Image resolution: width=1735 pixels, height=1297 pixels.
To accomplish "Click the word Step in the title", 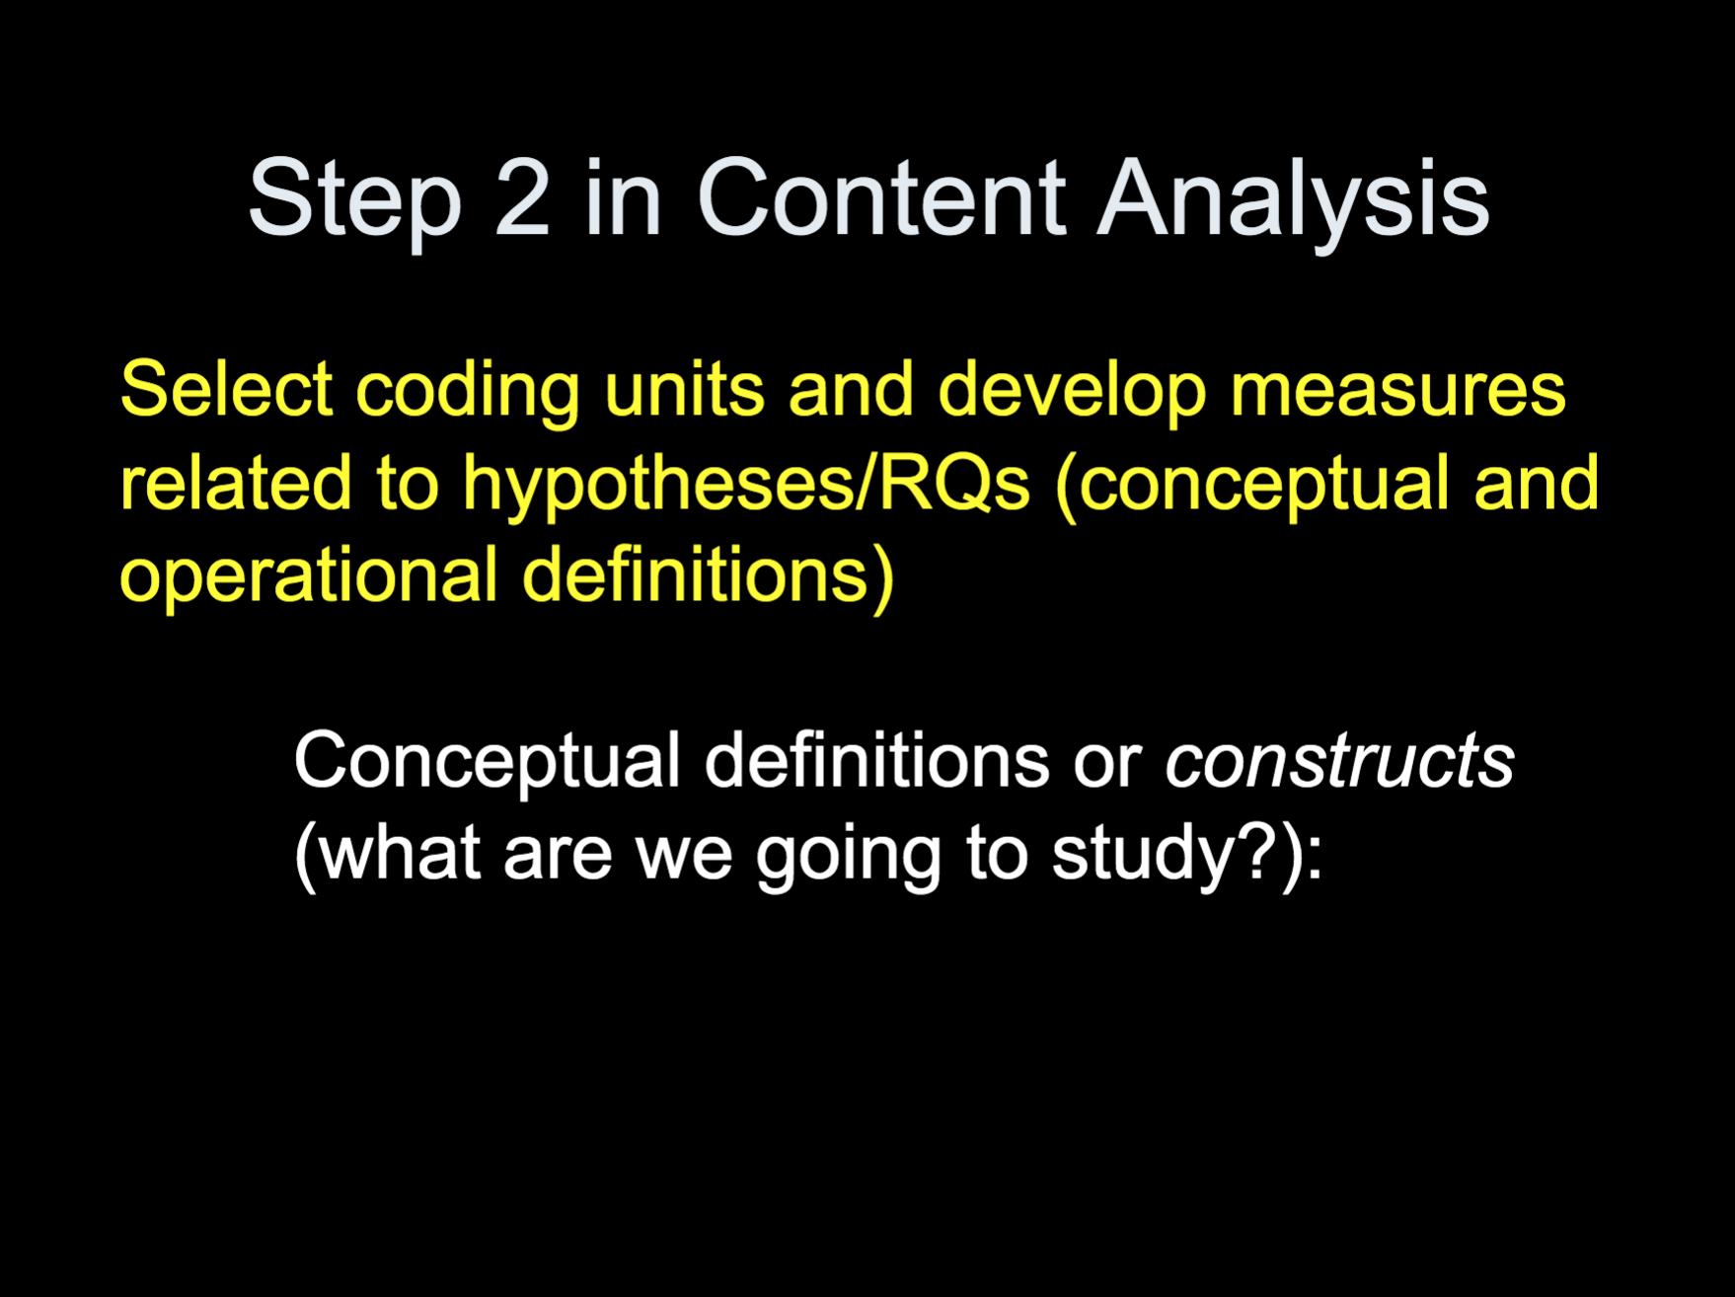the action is pos(355,201).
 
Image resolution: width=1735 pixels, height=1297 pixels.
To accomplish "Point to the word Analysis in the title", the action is pos(1293,203).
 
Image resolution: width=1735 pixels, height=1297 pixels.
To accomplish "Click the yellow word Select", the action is pos(226,389).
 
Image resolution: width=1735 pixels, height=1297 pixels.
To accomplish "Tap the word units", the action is pos(684,390).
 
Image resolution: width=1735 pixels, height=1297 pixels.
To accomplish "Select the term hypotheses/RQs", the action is pos(747,487).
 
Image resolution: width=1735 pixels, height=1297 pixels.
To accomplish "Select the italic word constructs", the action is pos(1339,763).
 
